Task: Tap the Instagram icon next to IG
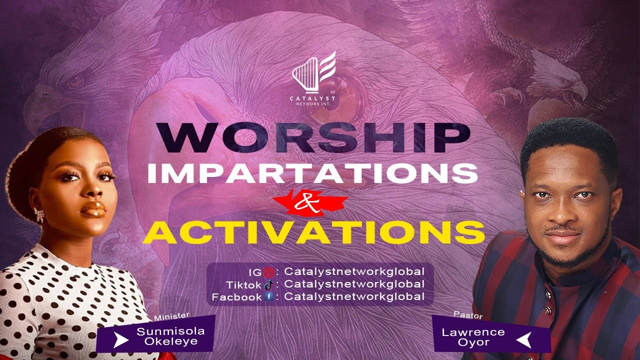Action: coord(267,272)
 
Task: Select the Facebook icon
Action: coord(269,297)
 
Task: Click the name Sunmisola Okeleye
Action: coord(170,336)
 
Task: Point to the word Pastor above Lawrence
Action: coord(468,315)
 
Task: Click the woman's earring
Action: coord(39,215)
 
